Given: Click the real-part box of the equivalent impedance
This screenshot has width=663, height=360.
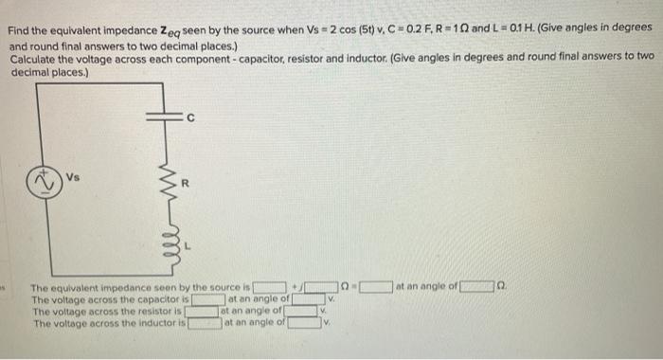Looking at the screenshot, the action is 271,287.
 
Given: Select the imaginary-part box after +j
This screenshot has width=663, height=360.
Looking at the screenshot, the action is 323,287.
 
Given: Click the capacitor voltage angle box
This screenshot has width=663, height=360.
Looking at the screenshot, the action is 306,299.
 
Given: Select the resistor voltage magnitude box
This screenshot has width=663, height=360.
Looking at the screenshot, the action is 202,311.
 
